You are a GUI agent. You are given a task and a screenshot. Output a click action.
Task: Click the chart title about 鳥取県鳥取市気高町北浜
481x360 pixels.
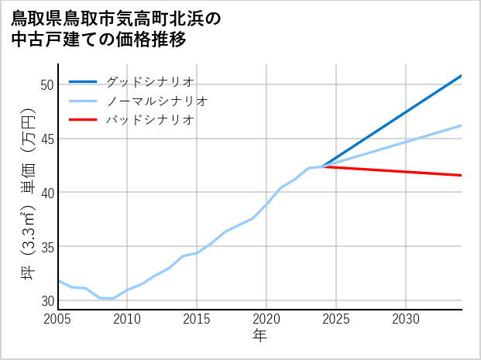116,29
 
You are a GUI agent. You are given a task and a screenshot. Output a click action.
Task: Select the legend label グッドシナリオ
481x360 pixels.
149,81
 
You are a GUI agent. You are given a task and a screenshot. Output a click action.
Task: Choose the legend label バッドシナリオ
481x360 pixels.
149,120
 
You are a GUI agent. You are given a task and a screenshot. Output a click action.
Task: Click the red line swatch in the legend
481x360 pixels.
83,120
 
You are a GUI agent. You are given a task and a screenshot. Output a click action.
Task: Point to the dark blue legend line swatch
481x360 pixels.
83,81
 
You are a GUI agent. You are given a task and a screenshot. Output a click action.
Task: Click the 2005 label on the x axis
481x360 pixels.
58,319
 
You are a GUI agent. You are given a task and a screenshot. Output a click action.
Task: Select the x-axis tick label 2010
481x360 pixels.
127,319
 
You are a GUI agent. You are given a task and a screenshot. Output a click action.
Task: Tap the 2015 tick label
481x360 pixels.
197,319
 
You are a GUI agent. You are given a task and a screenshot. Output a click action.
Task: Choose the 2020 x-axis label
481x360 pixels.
266,319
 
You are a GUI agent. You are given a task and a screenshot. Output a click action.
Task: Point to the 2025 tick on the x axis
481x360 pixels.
336,319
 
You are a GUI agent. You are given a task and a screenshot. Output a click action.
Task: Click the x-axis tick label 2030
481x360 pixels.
406,319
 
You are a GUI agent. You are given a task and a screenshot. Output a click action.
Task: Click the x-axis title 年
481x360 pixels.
259,336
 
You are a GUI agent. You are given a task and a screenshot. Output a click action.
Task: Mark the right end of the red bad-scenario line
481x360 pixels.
461,175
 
